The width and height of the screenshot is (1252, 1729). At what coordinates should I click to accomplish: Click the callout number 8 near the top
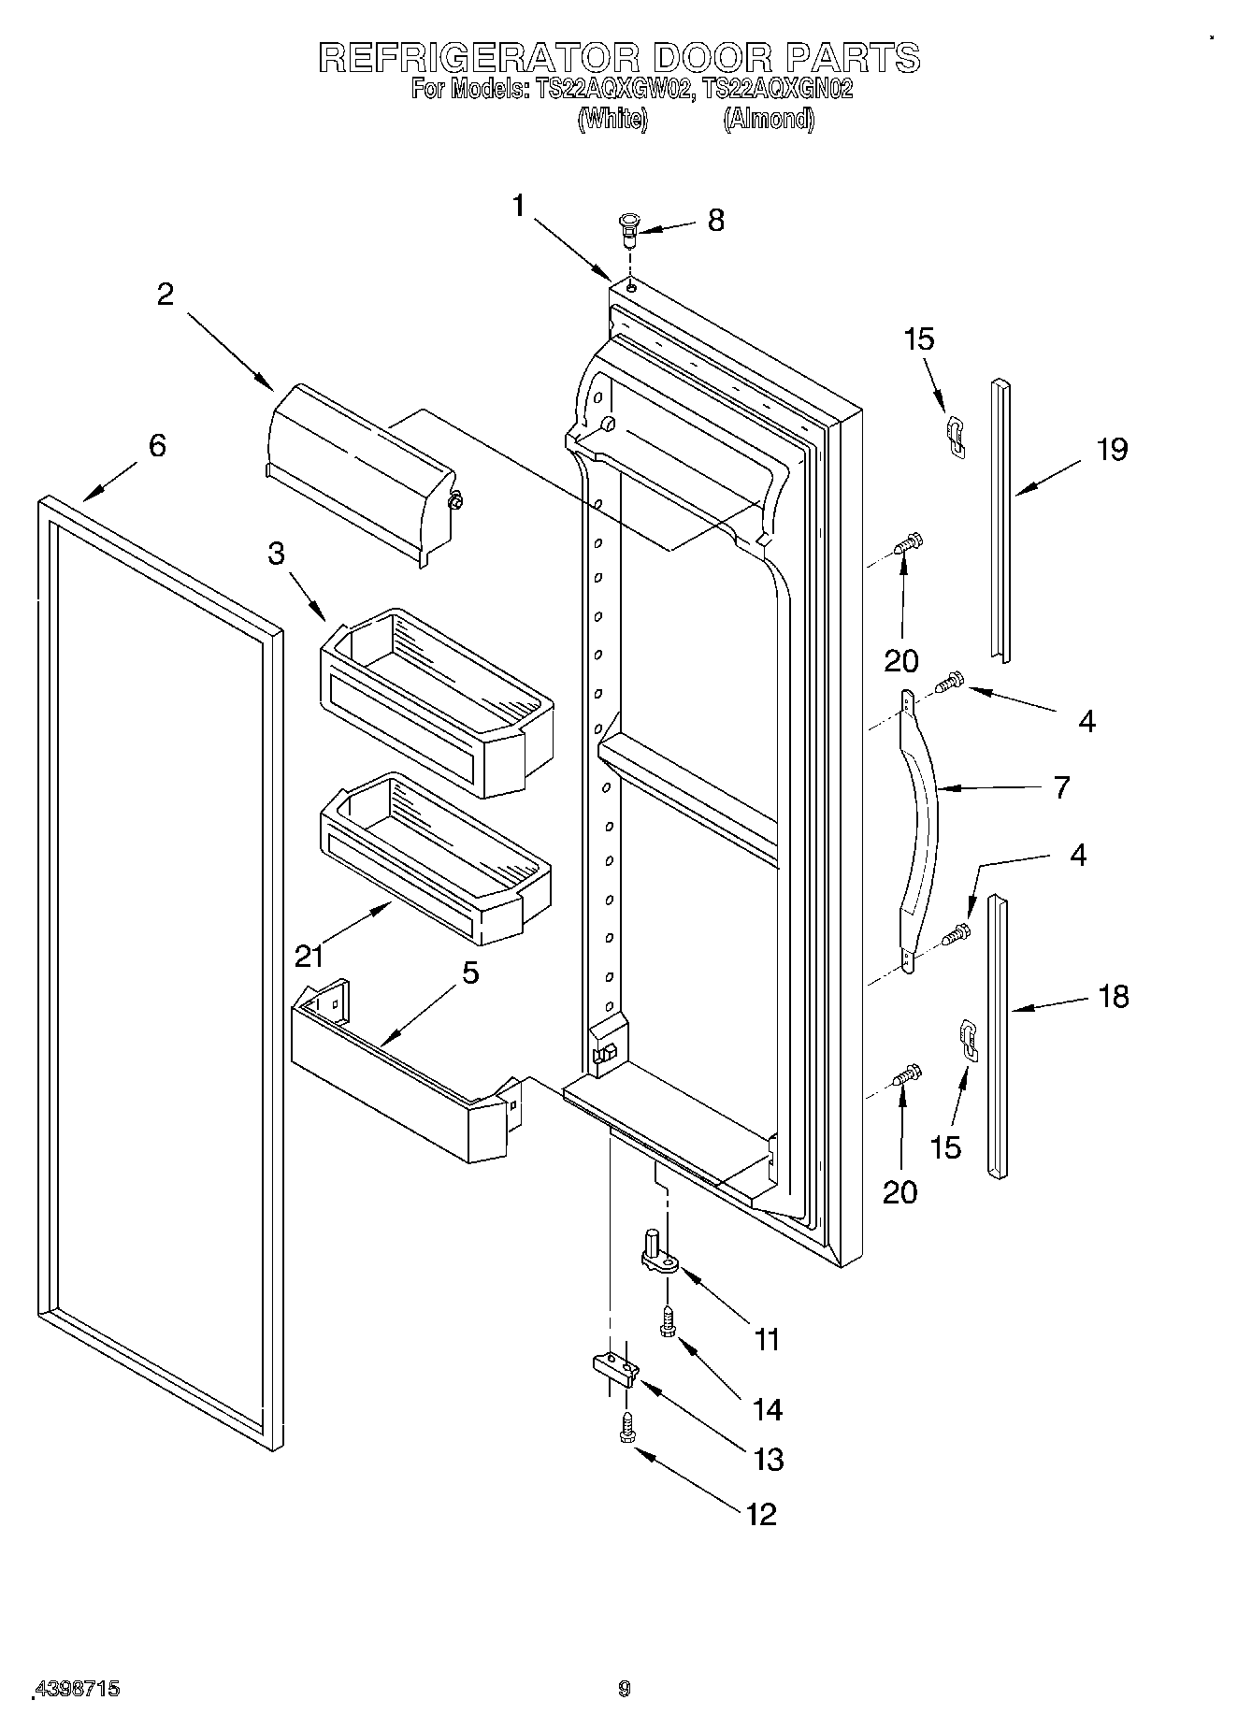point(715,221)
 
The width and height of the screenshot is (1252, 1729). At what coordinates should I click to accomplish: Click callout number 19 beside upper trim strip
point(1113,450)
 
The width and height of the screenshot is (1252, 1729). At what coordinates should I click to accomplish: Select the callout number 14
point(767,1409)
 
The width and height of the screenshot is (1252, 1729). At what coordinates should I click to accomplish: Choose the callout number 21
point(309,955)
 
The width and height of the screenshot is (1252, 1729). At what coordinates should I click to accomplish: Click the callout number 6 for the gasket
point(157,445)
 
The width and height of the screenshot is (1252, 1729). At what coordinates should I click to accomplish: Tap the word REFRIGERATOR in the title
point(478,58)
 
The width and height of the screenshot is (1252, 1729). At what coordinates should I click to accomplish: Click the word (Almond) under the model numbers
point(768,119)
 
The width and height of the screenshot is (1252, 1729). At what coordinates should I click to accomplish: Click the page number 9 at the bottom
point(625,1688)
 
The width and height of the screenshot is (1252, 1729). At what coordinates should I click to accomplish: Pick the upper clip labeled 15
point(954,437)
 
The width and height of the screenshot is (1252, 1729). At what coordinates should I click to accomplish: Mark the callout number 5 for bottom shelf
point(470,973)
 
